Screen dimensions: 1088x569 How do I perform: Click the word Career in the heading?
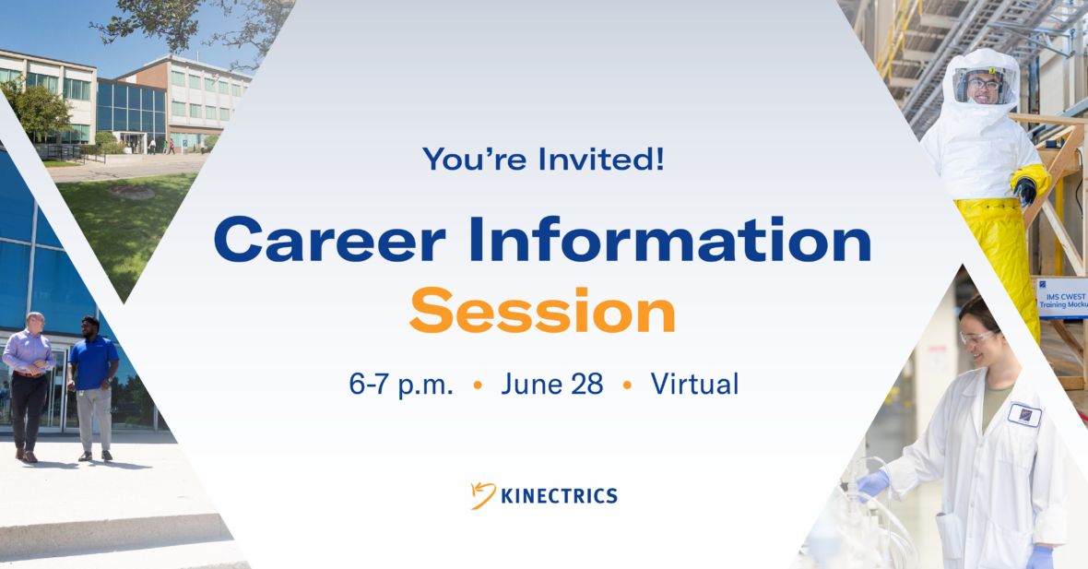pos(329,240)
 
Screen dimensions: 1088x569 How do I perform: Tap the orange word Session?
pos(542,310)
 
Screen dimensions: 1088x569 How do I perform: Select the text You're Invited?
pos(543,159)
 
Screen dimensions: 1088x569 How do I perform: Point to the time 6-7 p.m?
pos(401,385)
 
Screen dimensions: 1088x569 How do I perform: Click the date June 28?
pos(552,384)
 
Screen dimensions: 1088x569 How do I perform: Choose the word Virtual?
pos(694,384)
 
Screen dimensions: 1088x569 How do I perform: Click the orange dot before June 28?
pos(478,385)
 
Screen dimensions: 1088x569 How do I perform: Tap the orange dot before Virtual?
pos(627,385)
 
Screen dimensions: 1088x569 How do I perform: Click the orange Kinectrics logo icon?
pos(483,495)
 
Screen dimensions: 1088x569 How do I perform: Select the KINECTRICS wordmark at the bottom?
pos(560,496)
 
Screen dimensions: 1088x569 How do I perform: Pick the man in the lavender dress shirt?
pos(29,386)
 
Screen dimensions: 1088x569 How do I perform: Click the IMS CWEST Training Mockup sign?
pos(1062,299)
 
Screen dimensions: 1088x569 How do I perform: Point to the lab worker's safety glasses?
pos(978,338)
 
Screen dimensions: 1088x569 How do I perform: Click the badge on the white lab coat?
pos(1025,415)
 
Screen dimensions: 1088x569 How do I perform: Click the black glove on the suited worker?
pos(1025,191)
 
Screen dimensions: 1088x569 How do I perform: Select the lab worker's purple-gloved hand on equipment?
pos(872,483)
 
